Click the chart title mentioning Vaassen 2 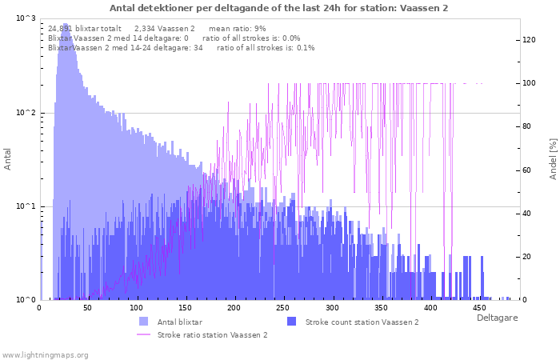278,8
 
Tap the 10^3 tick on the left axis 26,18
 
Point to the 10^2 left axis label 26,113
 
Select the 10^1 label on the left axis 26,206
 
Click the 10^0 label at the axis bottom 26,300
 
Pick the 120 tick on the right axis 529,40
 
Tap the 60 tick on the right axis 526,170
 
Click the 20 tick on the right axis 526,257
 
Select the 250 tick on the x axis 283,308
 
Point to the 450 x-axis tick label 479,308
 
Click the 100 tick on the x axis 136,308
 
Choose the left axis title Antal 7,159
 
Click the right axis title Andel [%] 553,159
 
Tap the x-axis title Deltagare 497,318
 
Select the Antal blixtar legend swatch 143,322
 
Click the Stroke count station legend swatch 291,322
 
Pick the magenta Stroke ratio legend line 143,334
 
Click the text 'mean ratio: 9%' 237,29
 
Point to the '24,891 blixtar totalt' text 85,29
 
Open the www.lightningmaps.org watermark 45,355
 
